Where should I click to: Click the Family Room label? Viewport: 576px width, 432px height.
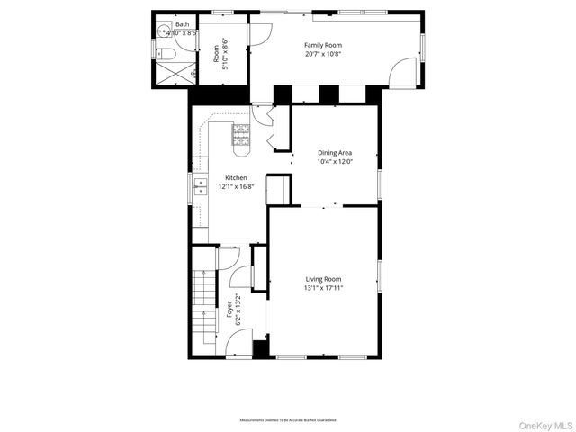point(323,45)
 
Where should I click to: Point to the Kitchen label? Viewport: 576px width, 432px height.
point(236,178)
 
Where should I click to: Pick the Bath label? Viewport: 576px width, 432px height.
point(182,24)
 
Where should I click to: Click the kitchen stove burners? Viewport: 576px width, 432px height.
point(242,134)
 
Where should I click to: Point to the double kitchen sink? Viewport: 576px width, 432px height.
point(199,187)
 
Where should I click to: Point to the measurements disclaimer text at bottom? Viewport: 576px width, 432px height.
point(287,420)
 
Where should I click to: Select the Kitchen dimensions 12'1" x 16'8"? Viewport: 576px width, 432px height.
point(236,187)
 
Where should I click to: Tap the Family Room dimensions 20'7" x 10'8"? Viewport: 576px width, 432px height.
point(323,54)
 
